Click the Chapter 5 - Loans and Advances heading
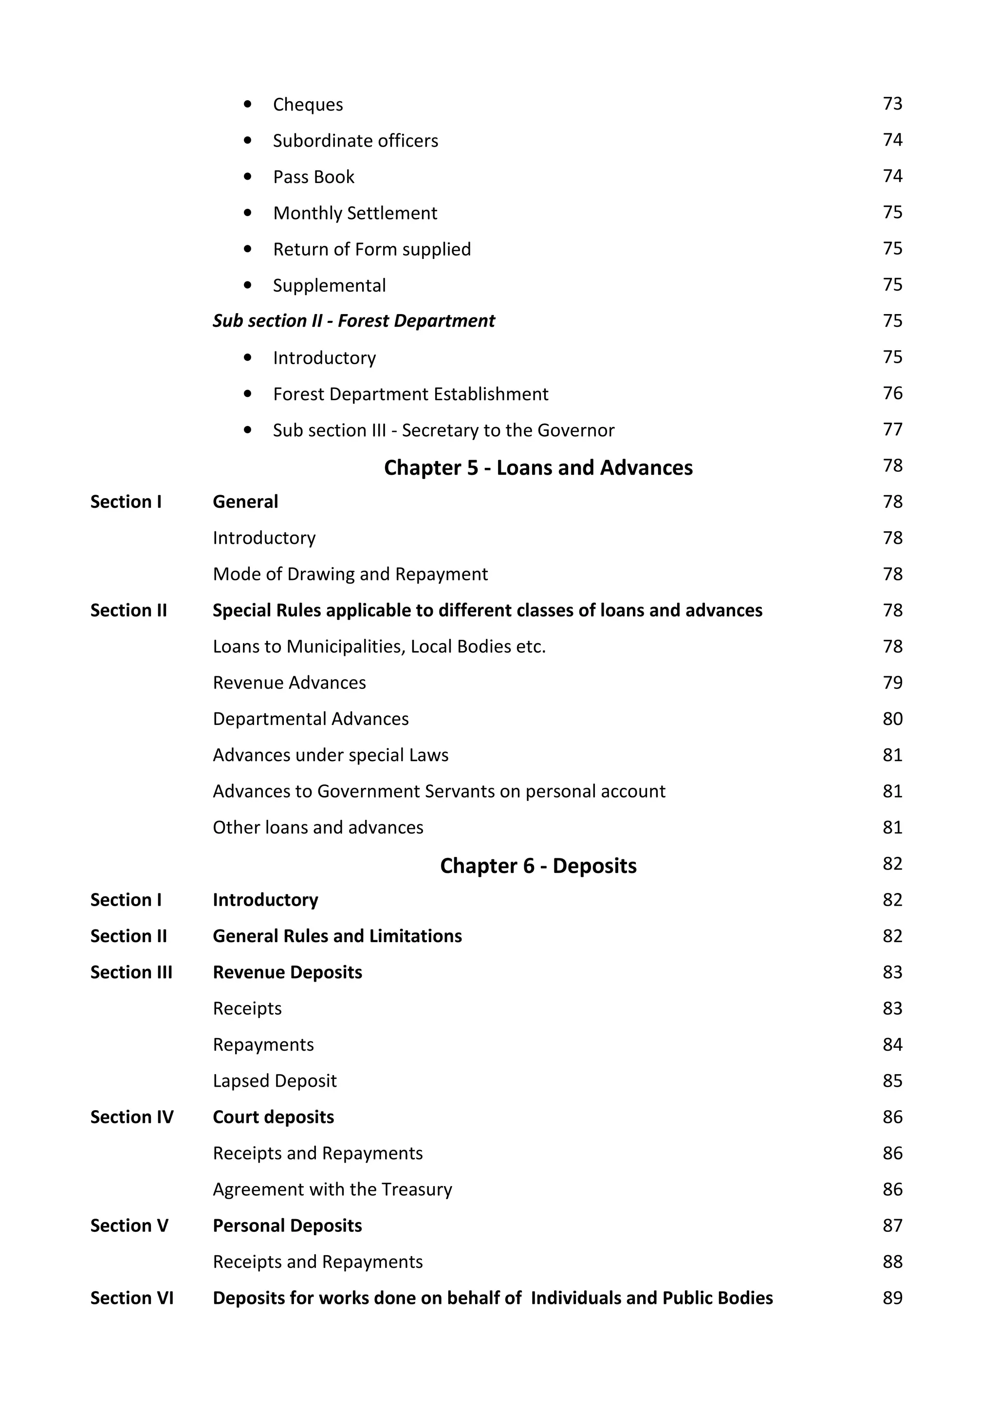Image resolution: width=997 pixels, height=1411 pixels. pyautogui.click(x=537, y=468)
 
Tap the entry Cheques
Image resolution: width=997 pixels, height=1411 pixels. pyautogui.click(x=308, y=105)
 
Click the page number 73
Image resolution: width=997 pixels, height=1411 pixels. pyautogui.click(x=892, y=103)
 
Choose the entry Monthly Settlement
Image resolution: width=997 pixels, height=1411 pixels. pyautogui.click(x=354, y=213)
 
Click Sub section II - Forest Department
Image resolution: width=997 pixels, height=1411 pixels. pyautogui.click(x=353, y=321)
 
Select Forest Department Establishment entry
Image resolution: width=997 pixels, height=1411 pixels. pyautogui.click(x=410, y=394)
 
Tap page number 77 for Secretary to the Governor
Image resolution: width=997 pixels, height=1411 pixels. pyautogui.click(x=892, y=429)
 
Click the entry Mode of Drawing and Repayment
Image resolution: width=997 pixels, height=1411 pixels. pyautogui.click(x=350, y=574)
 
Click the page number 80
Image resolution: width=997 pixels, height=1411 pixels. pyautogui.click(x=892, y=719)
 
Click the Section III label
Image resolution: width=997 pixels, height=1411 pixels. pyautogui.click(x=131, y=972)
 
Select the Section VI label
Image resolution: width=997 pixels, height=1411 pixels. pyautogui.click(x=131, y=1298)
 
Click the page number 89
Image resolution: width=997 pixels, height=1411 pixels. pyautogui.click(x=892, y=1298)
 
